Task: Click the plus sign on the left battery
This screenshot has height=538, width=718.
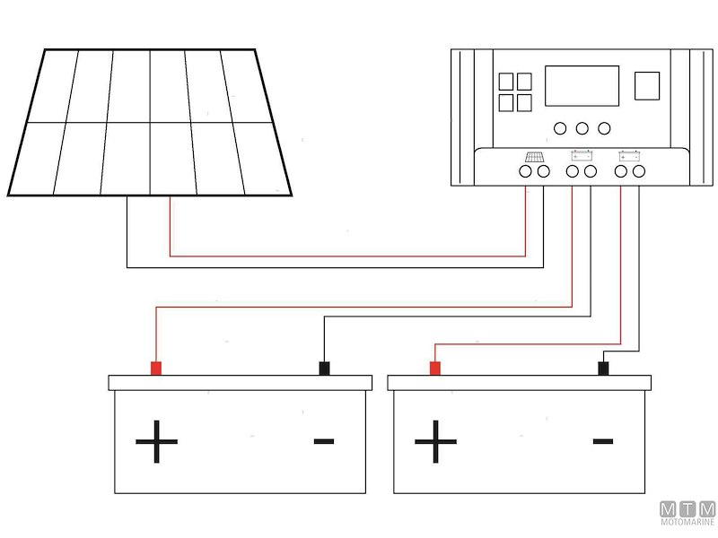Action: [x=157, y=442]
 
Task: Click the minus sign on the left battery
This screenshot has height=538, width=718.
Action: [x=324, y=440]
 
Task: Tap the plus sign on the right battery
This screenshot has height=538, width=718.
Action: [x=436, y=442]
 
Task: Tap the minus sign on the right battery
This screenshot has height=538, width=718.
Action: [x=603, y=440]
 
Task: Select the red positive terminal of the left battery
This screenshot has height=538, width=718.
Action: [x=155, y=368]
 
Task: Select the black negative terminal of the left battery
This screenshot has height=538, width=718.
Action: [x=325, y=368]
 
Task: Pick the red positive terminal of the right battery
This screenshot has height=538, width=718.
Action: [x=435, y=368]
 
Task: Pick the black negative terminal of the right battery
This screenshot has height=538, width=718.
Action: [x=605, y=368]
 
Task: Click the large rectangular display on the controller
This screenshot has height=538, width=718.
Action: [x=582, y=86]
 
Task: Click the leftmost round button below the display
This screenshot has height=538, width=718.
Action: [x=561, y=128]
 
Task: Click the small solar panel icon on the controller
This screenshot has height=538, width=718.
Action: [x=534, y=156]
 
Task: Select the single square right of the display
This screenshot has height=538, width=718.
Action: [x=647, y=86]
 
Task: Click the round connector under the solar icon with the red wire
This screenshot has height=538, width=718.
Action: [x=525, y=170]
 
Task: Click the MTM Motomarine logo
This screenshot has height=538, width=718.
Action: [x=687, y=514]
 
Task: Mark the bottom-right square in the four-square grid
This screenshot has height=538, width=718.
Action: [x=524, y=102]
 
